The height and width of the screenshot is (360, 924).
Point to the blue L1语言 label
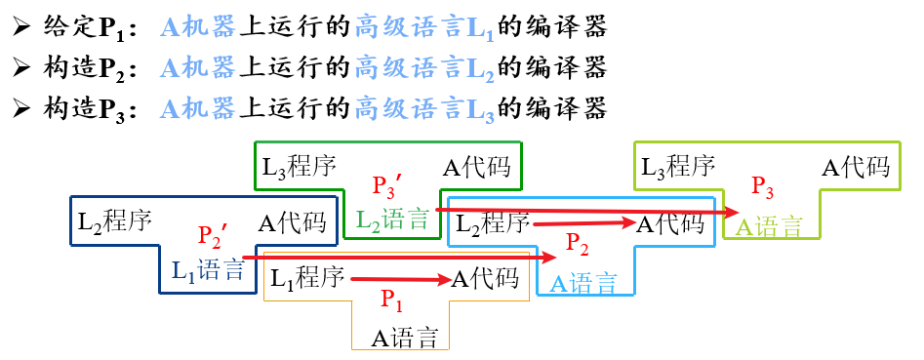(x=208, y=270)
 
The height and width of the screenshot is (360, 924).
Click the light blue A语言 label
(x=583, y=283)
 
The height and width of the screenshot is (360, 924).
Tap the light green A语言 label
(x=769, y=227)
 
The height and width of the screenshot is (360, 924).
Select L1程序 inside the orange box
(x=308, y=277)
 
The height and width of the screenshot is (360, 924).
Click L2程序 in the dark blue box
(x=115, y=220)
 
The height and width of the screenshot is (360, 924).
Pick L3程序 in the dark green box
(x=300, y=167)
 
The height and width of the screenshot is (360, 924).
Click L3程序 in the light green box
(x=678, y=167)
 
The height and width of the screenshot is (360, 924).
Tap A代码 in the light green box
(x=856, y=167)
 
